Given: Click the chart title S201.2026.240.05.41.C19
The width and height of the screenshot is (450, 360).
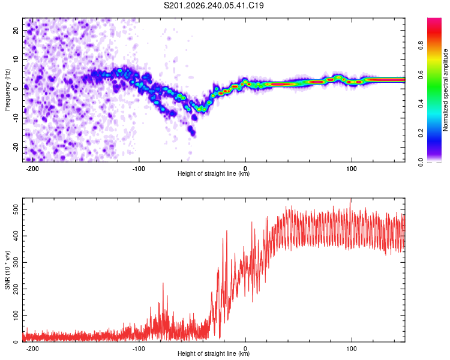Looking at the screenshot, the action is [x=214, y=5].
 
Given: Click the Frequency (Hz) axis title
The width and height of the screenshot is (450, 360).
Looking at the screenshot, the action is [x=7, y=90].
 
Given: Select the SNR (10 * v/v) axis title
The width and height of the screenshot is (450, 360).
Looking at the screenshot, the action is [x=7, y=270].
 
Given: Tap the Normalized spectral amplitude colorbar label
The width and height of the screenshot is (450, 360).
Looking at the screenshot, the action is [x=445, y=90].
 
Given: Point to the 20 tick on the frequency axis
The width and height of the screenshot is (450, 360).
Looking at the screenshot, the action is [x=16, y=30].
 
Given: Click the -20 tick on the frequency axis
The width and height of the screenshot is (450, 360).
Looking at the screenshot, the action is [x=16, y=147].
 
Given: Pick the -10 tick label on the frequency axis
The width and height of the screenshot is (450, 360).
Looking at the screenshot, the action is [x=16, y=118].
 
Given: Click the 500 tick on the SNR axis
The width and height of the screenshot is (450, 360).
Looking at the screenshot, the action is [x=16, y=209].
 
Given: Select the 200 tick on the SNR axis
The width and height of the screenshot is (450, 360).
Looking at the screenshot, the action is [x=16, y=289].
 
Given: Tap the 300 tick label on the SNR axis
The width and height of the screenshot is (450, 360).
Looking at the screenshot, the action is [x=16, y=262].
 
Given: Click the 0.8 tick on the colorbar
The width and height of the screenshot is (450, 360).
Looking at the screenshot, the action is [x=421, y=46].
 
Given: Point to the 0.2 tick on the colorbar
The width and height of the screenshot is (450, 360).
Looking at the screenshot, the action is [x=421, y=133].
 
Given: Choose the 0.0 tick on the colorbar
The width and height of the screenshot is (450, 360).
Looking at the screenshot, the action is [x=421, y=162].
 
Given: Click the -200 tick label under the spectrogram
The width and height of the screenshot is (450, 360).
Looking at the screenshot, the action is [x=32, y=169].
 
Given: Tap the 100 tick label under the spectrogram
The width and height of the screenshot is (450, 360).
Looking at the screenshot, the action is [x=351, y=169].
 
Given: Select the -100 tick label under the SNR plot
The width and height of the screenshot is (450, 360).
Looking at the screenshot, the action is [x=139, y=349].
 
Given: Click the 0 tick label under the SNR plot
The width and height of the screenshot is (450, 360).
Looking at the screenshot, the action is [x=245, y=349].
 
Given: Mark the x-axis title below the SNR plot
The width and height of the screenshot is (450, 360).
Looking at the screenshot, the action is [x=214, y=353].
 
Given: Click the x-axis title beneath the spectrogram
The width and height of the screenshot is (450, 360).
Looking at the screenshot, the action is [x=214, y=173].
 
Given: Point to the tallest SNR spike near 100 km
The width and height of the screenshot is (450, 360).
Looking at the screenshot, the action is [x=350, y=199].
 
